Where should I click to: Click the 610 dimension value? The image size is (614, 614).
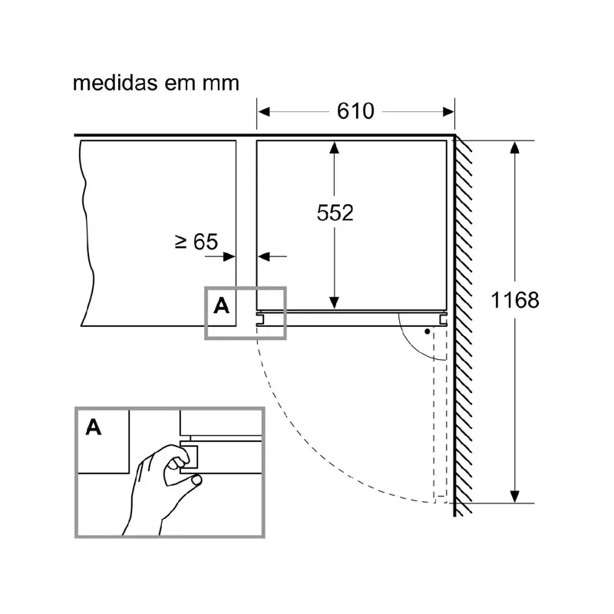click(x=355, y=111)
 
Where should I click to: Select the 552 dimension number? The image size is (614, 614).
click(x=335, y=213)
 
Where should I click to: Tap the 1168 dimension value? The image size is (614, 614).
click(x=515, y=300)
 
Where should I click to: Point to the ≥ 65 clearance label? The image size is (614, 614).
click(x=196, y=242)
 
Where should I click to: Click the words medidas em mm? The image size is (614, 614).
click(x=156, y=83)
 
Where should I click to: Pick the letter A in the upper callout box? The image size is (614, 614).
click(x=221, y=306)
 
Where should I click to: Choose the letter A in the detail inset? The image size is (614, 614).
click(x=93, y=427)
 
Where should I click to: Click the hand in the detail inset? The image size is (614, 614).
click(x=157, y=484)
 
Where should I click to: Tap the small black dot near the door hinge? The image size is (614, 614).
click(x=426, y=332)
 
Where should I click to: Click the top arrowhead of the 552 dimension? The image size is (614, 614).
click(x=335, y=148)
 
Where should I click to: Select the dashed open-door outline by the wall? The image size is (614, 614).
click(x=440, y=414)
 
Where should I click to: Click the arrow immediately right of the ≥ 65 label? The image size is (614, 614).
click(x=228, y=256)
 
